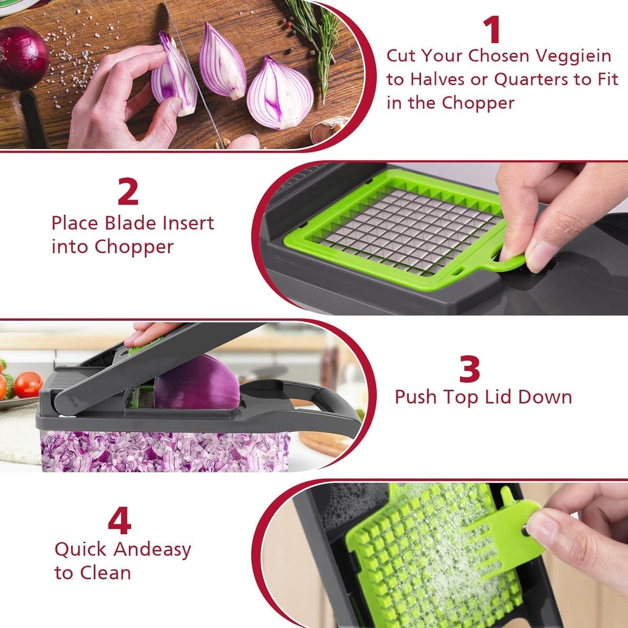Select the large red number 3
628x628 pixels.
click(470, 369)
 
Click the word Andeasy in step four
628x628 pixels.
click(152, 550)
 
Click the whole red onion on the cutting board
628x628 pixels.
click(22, 56)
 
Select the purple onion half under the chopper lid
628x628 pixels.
click(198, 385)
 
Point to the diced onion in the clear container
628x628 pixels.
click(165, 452)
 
